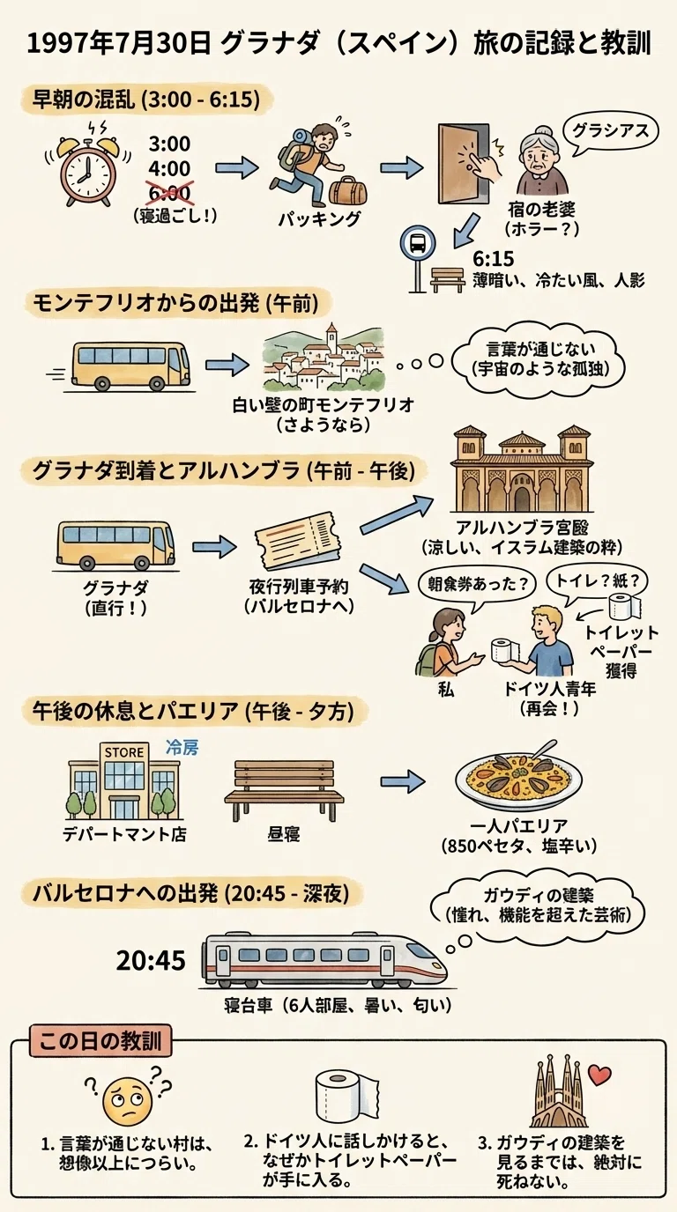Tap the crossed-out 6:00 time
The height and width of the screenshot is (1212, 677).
[169, 193]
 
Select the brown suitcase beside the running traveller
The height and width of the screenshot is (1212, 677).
[347, 188]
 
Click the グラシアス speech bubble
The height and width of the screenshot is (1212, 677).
[610, 131]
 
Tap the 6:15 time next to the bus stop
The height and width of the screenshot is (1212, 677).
[493, 259]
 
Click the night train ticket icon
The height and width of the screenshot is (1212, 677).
[297, 542]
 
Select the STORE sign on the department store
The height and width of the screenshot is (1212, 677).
[124, 752]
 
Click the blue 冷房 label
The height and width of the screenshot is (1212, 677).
[182, 748]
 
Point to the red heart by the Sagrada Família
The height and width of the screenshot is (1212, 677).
[599, 1075]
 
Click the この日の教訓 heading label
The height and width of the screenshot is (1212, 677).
[100, 1041]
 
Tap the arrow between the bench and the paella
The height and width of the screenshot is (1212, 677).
[402, 781]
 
